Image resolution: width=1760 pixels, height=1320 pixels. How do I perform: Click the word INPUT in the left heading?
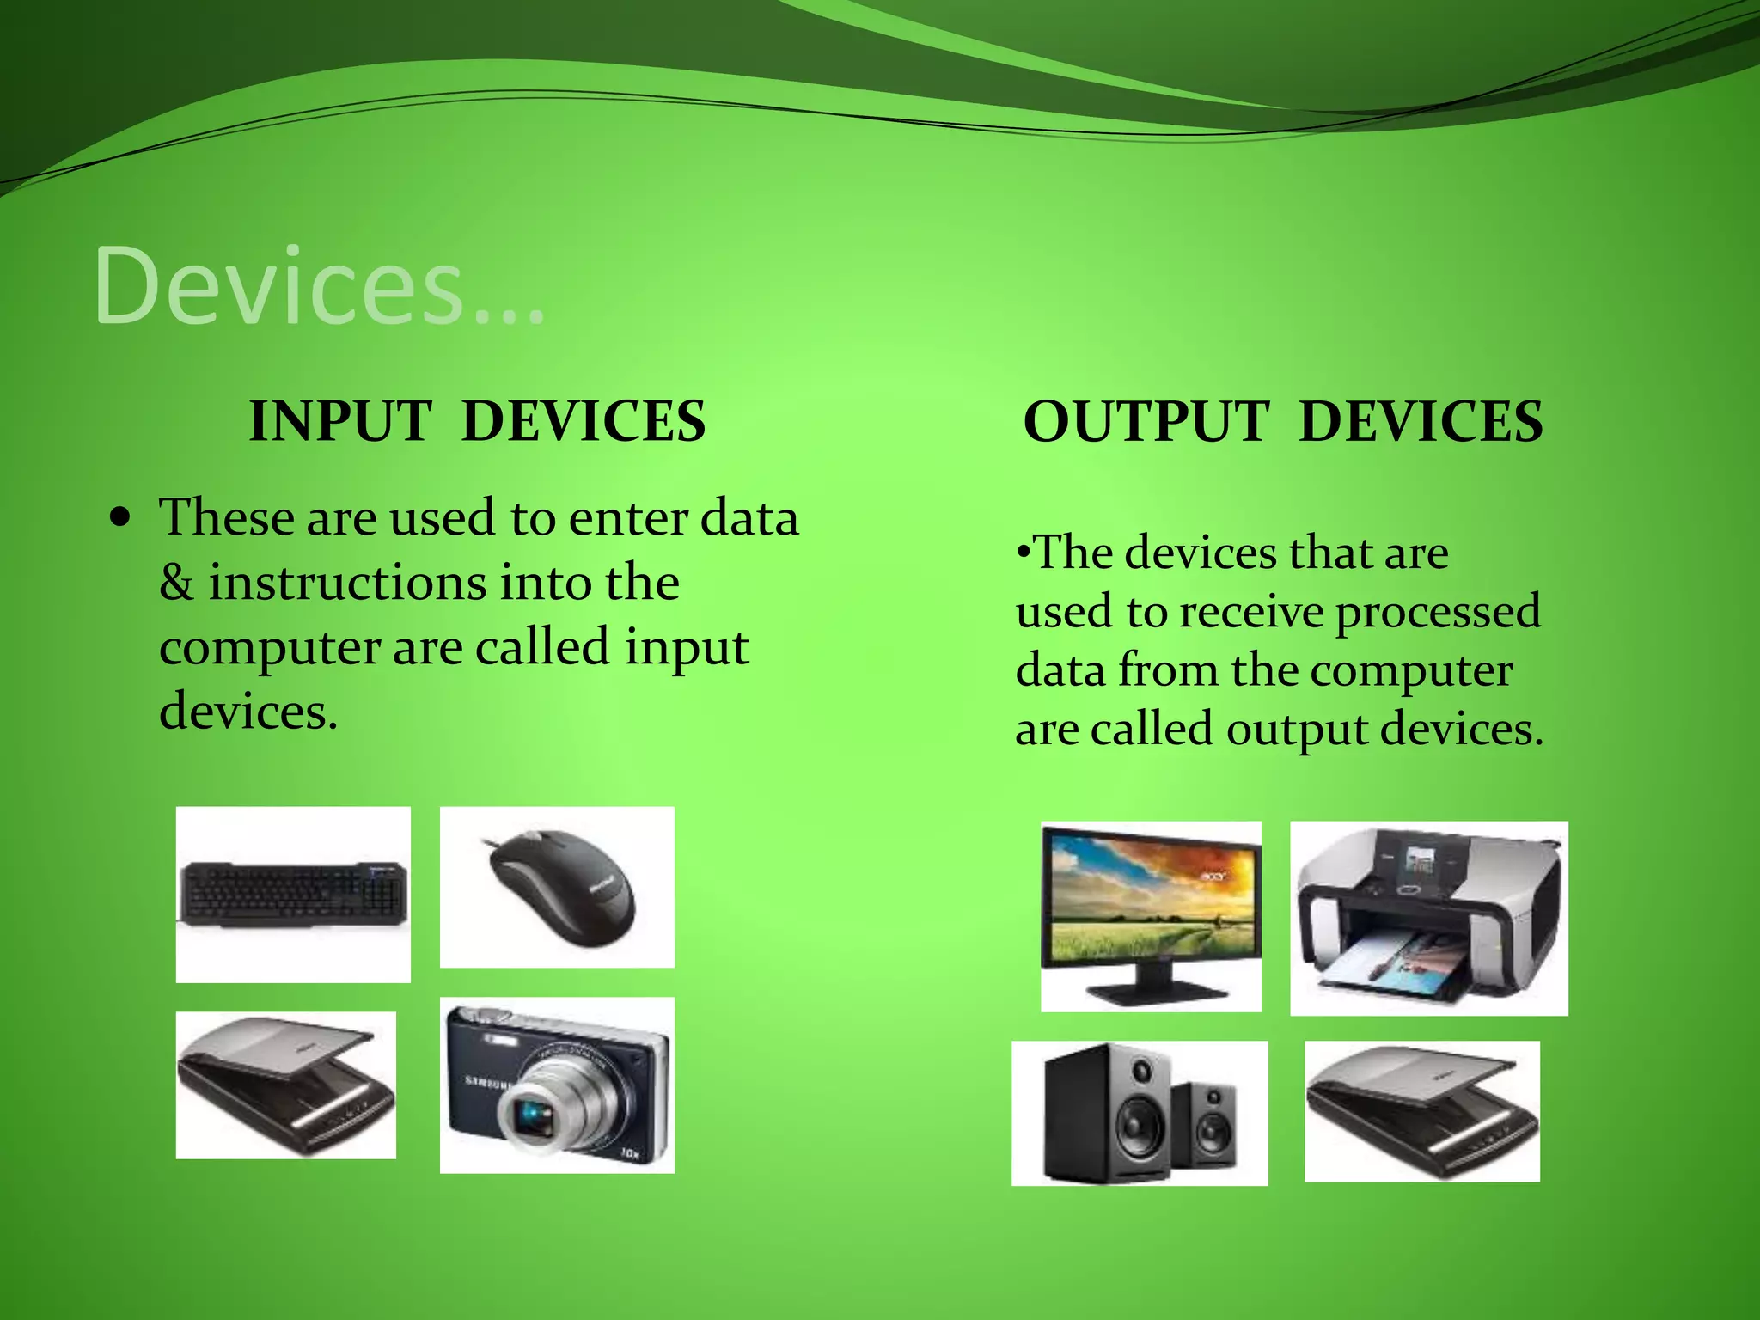tap(339, 422)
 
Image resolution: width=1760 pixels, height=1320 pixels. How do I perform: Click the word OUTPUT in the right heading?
tap(1146, 422)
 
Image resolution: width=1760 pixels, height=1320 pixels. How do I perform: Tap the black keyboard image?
tap(293, 894)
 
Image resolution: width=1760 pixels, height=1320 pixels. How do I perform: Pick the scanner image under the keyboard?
tap(285, 1085)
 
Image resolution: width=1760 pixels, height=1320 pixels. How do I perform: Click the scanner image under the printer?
tap(1421, 1110)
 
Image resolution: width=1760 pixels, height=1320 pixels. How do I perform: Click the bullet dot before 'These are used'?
tap(121, 518)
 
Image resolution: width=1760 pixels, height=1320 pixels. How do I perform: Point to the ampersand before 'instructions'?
tap(176, 583)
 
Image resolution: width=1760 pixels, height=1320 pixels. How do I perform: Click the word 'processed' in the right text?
tap(1437, 612)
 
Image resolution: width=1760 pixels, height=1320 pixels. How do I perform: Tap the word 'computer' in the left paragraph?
tap(269, 648)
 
